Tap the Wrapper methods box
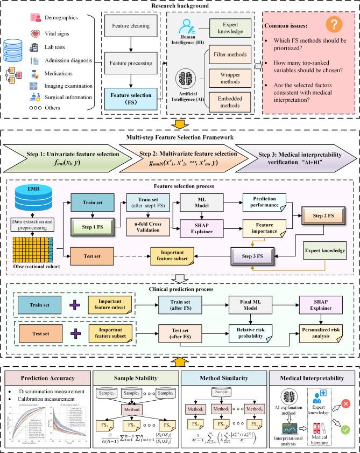229,79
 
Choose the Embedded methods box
229,102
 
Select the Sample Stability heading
135,374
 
